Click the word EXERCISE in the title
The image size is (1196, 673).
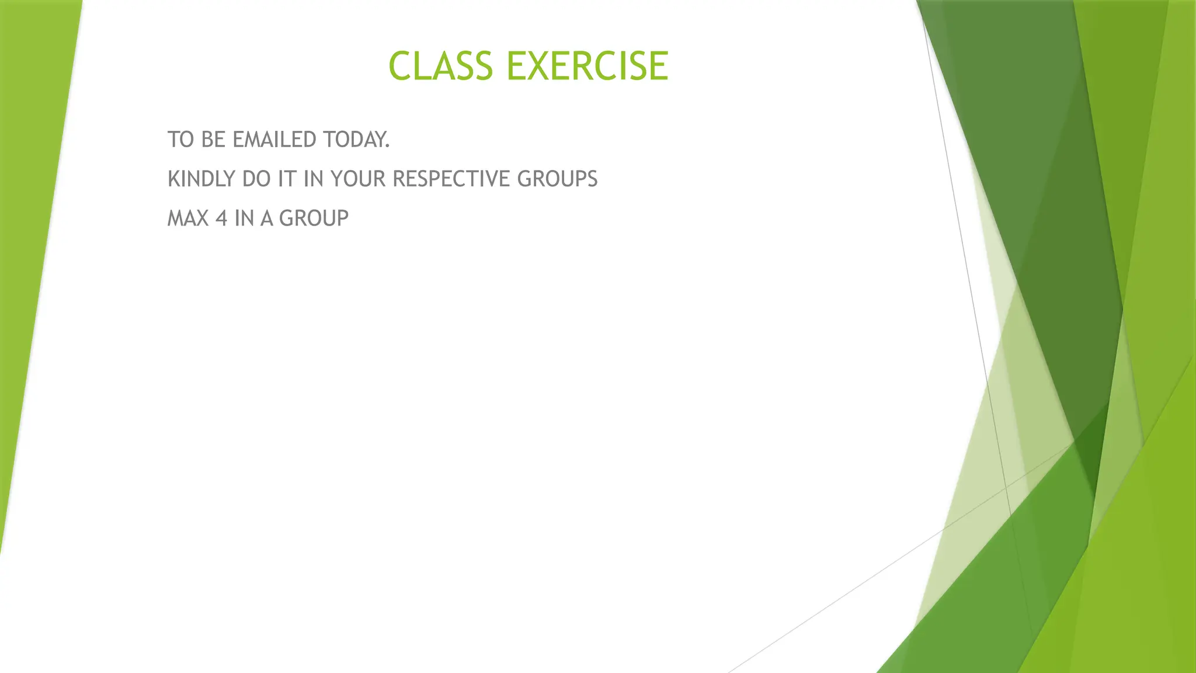[587, 66]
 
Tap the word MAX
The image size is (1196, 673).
[188, 218]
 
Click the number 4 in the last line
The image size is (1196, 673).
[221, 218]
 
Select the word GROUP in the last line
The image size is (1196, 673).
[314, 218]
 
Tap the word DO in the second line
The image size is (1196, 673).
[256, 179]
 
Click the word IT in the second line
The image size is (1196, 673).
[287, 179]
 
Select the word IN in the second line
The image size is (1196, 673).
[314, 179]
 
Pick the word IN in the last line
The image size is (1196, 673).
[244, 218]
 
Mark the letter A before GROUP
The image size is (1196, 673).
[267, 218]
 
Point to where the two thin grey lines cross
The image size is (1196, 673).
[1006, 487]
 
